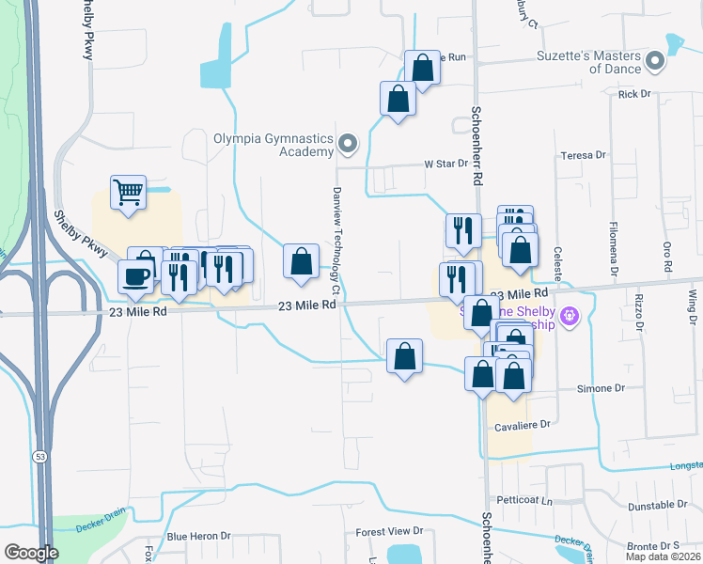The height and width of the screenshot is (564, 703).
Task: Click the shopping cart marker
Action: click(129, 193)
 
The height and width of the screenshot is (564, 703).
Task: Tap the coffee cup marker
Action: click(135, 276)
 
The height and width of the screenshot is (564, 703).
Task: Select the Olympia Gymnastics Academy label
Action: click(273, 144)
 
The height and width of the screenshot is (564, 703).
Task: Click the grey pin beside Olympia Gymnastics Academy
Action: click(348, 144)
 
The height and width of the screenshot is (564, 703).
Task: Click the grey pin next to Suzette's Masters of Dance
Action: click(655, 62)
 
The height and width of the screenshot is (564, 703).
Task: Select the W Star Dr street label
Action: click(445, 164)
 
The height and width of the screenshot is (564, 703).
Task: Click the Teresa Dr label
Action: click(583, 155)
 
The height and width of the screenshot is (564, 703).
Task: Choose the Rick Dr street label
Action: click(634, 94)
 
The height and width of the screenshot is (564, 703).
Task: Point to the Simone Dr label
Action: click(606, 388)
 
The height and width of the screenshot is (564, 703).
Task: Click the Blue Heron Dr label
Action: click(198, 537)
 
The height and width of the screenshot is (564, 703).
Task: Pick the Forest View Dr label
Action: click(390, 532)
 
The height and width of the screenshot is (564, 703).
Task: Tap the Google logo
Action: click(31, 553)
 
